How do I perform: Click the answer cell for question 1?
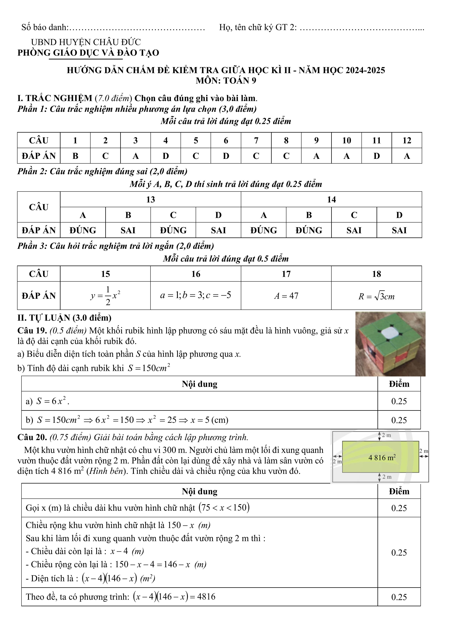pyautogui.click(x=75, y=156)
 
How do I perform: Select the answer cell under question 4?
pyautogui.click(x=166, y=156)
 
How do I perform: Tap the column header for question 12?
pyautogui.click(x=407, y=140)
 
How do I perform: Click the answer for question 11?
pyautogui.click(x=377, y=156)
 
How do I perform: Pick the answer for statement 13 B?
pyautogui.click(x=128, y=230)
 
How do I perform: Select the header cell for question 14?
pyautogui.click(x=331, y=200)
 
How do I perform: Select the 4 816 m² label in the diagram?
pyautogui.click(x=382, y=458)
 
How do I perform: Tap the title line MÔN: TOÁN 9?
pyautogui.click(x=226, y=81)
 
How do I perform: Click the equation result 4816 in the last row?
pyautogui.click(x=206, y=597)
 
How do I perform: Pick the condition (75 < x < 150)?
pyautogui.click(x=224, y=508)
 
